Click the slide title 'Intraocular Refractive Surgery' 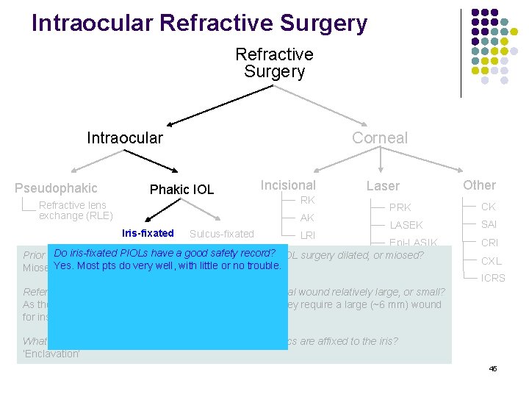click(x=199, y=24)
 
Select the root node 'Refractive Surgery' click(x=274, y=62)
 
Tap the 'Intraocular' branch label click(x=125, y=137)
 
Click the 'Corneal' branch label click(x=379, y=137)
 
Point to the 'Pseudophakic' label click(x=56, y=188)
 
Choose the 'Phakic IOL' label click(x=181, y=190)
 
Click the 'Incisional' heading click(x=288, y=185)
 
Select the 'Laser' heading click(x=384, y=187)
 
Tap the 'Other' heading click(x=479, y=185)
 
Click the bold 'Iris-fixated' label click(x=148, y=234)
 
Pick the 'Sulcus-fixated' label click(x=221, y=235)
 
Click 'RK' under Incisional click(x=307, y=200)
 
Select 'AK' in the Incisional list click(x=307, y=218)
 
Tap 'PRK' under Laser click(x=400, y=207)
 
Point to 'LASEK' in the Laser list click(x=406, y=225)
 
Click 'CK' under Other click(x=489, y=207)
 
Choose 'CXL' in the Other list click(x=492, y=260)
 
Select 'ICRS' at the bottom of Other click(x=494, y=279)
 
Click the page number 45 click(x=493, y=368)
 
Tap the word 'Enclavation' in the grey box click(x=51, y=353)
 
